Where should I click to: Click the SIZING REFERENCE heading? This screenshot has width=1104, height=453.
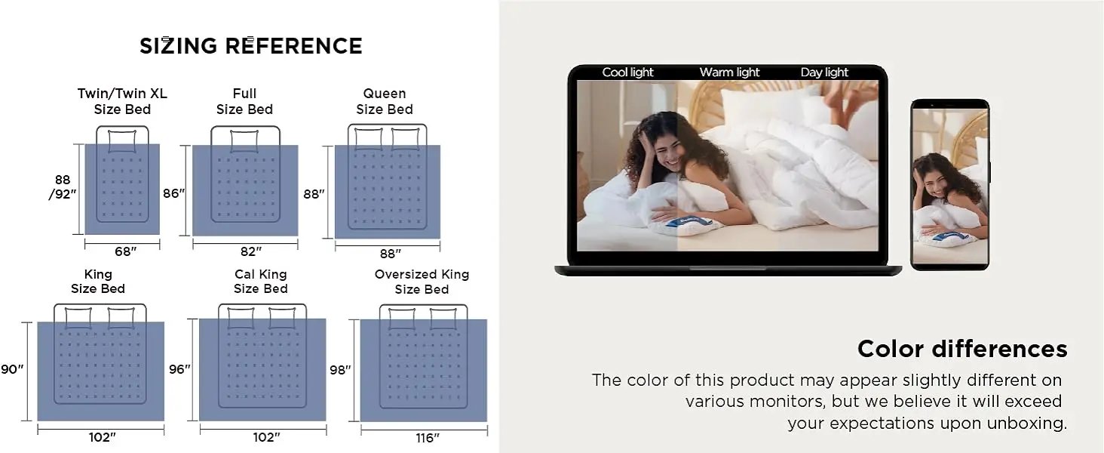tap(250, 46)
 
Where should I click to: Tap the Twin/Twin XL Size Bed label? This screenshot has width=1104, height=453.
tap(122, 101)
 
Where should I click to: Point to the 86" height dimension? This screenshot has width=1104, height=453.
tap(173, 193)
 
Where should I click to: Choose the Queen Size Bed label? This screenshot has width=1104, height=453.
tap(385, 101)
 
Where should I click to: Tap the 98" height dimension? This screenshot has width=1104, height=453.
tap(340, 370)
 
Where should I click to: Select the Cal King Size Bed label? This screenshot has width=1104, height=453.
tap(261, 282)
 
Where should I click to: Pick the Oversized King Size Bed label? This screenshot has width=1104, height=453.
tap(422, 282)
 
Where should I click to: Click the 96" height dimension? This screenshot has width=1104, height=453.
tap(179, 369)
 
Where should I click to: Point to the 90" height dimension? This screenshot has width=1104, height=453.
tap(12, 369)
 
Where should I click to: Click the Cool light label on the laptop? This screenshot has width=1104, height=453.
tap(627, 72)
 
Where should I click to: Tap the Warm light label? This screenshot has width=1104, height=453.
tap(729, 72)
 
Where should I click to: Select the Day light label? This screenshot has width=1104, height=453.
tap(824, 72)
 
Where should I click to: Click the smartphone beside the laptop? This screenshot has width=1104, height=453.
tap(949, 185)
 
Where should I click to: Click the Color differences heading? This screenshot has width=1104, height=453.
tap(962, 349)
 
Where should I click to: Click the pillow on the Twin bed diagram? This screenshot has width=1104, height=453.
tap(121, 140)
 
